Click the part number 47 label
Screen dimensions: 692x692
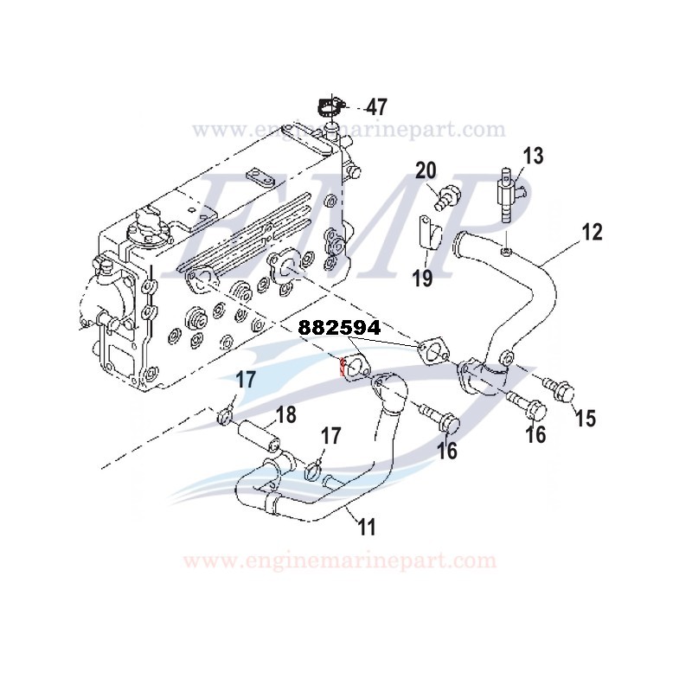[375, 108]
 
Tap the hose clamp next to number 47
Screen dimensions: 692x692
[330, 108]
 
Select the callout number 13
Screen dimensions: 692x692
[534, 157]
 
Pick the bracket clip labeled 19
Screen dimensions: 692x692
[430, 234]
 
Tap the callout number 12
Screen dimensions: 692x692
[592, 232]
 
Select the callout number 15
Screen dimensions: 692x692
[586, 418]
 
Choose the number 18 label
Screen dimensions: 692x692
[285, 415]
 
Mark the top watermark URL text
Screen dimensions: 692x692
[348, 130]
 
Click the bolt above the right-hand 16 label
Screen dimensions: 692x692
[523, 403]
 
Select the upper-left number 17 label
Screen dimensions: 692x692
[246, 379]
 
